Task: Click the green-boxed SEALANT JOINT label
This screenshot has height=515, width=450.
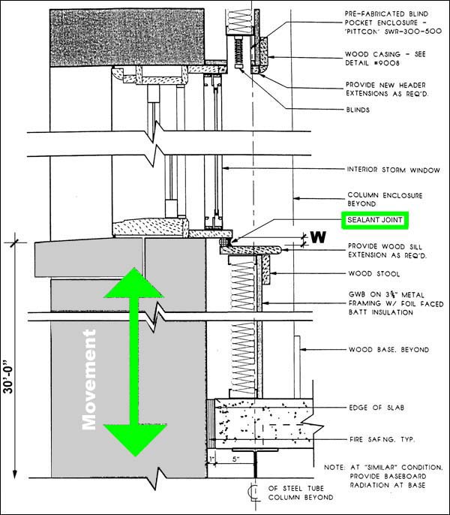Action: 373,220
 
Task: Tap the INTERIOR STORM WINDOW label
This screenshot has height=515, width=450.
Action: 383,169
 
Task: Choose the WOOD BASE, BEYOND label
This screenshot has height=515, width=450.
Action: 388,349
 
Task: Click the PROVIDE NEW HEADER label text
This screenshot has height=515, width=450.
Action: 385,85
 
